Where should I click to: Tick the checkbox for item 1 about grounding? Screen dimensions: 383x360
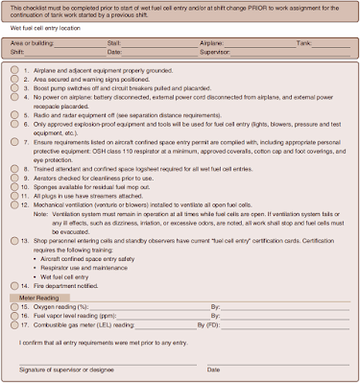[12, 72]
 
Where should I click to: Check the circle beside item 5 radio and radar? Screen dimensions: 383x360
[12, 113]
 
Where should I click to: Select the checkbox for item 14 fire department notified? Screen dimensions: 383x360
[12, 286]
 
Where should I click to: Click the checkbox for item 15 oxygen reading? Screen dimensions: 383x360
[12, 306]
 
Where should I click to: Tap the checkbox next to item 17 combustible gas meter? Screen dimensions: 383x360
[12, 325]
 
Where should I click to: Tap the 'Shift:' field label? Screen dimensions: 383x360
[16, 52]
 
